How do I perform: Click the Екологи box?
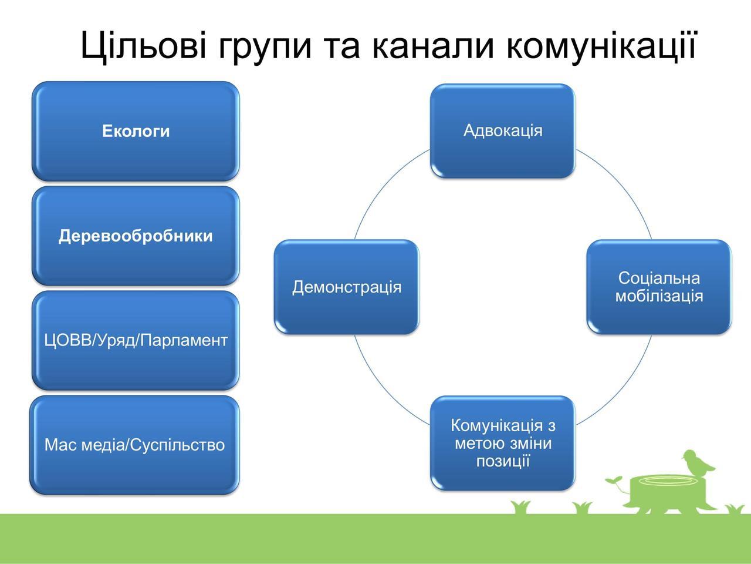pos(136,131)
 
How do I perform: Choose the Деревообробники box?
pos(136,236)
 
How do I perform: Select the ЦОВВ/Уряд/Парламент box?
pos(136,341)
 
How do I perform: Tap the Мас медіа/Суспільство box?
pos(134,445)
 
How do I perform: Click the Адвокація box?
pos(503,131)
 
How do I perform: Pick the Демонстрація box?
pos(347,287)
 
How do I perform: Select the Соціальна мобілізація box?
pos(659,287)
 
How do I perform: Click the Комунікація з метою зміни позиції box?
pos(503,443)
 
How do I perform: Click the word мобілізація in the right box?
pos(659,296)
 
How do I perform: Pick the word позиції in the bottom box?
pos(503,461)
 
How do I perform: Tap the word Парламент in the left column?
pos(184,341)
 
